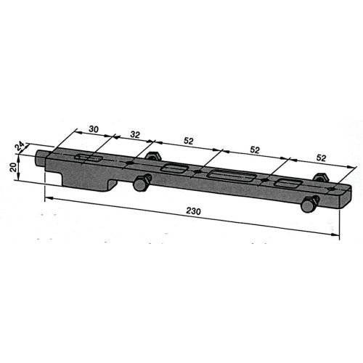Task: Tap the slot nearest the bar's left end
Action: pos(91,158)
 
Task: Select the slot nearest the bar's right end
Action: pos(289,182)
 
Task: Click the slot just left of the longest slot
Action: pos(175,168)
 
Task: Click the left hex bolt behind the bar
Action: pos(152,156)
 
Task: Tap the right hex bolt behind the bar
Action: pos(319,179)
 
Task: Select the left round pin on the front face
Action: pos(139,186)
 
